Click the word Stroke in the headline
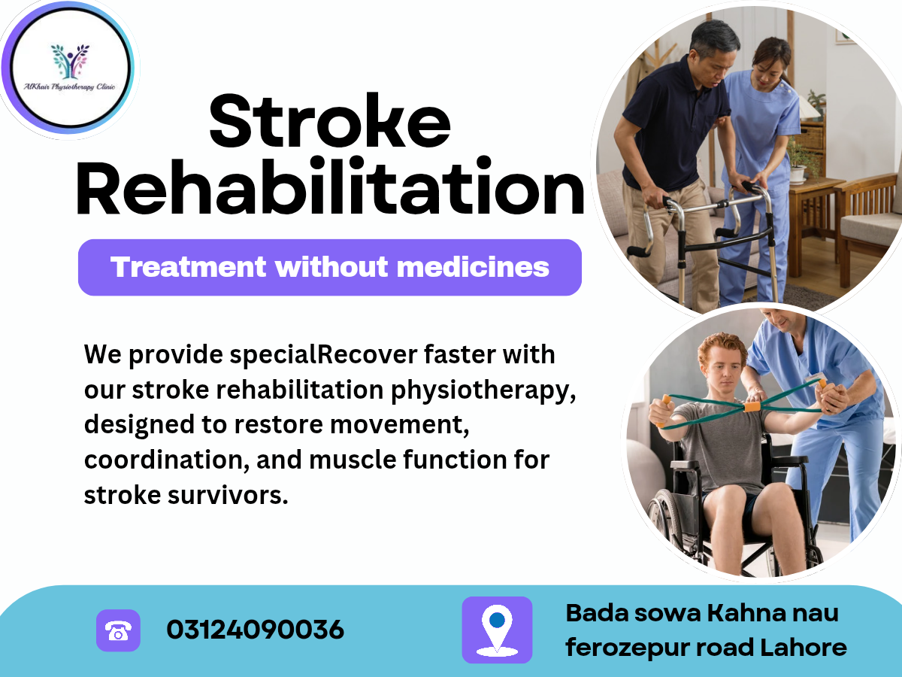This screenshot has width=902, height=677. [329, 121]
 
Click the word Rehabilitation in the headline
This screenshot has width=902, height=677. [330, 187]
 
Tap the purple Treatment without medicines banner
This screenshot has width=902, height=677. [329, 267]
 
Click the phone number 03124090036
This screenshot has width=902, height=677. [255, 630]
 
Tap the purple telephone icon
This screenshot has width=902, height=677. [118, 630]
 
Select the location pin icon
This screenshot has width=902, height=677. [497, 630]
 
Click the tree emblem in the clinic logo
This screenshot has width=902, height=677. [70, 61]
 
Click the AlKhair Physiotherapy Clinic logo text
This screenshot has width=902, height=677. [69, 87]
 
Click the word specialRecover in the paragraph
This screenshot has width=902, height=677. [323, 355]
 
